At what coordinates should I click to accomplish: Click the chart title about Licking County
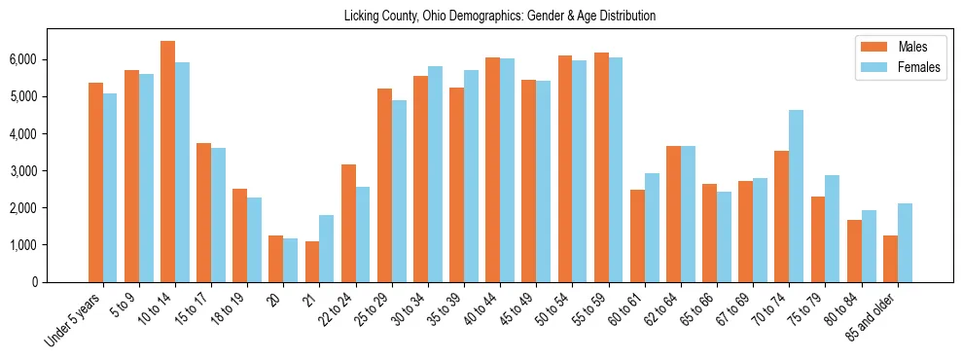(500, 17)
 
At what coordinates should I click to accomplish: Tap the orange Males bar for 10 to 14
(167, 162)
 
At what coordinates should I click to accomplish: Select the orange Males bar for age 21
(312, 262)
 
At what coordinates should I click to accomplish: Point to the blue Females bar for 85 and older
(905, 243)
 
